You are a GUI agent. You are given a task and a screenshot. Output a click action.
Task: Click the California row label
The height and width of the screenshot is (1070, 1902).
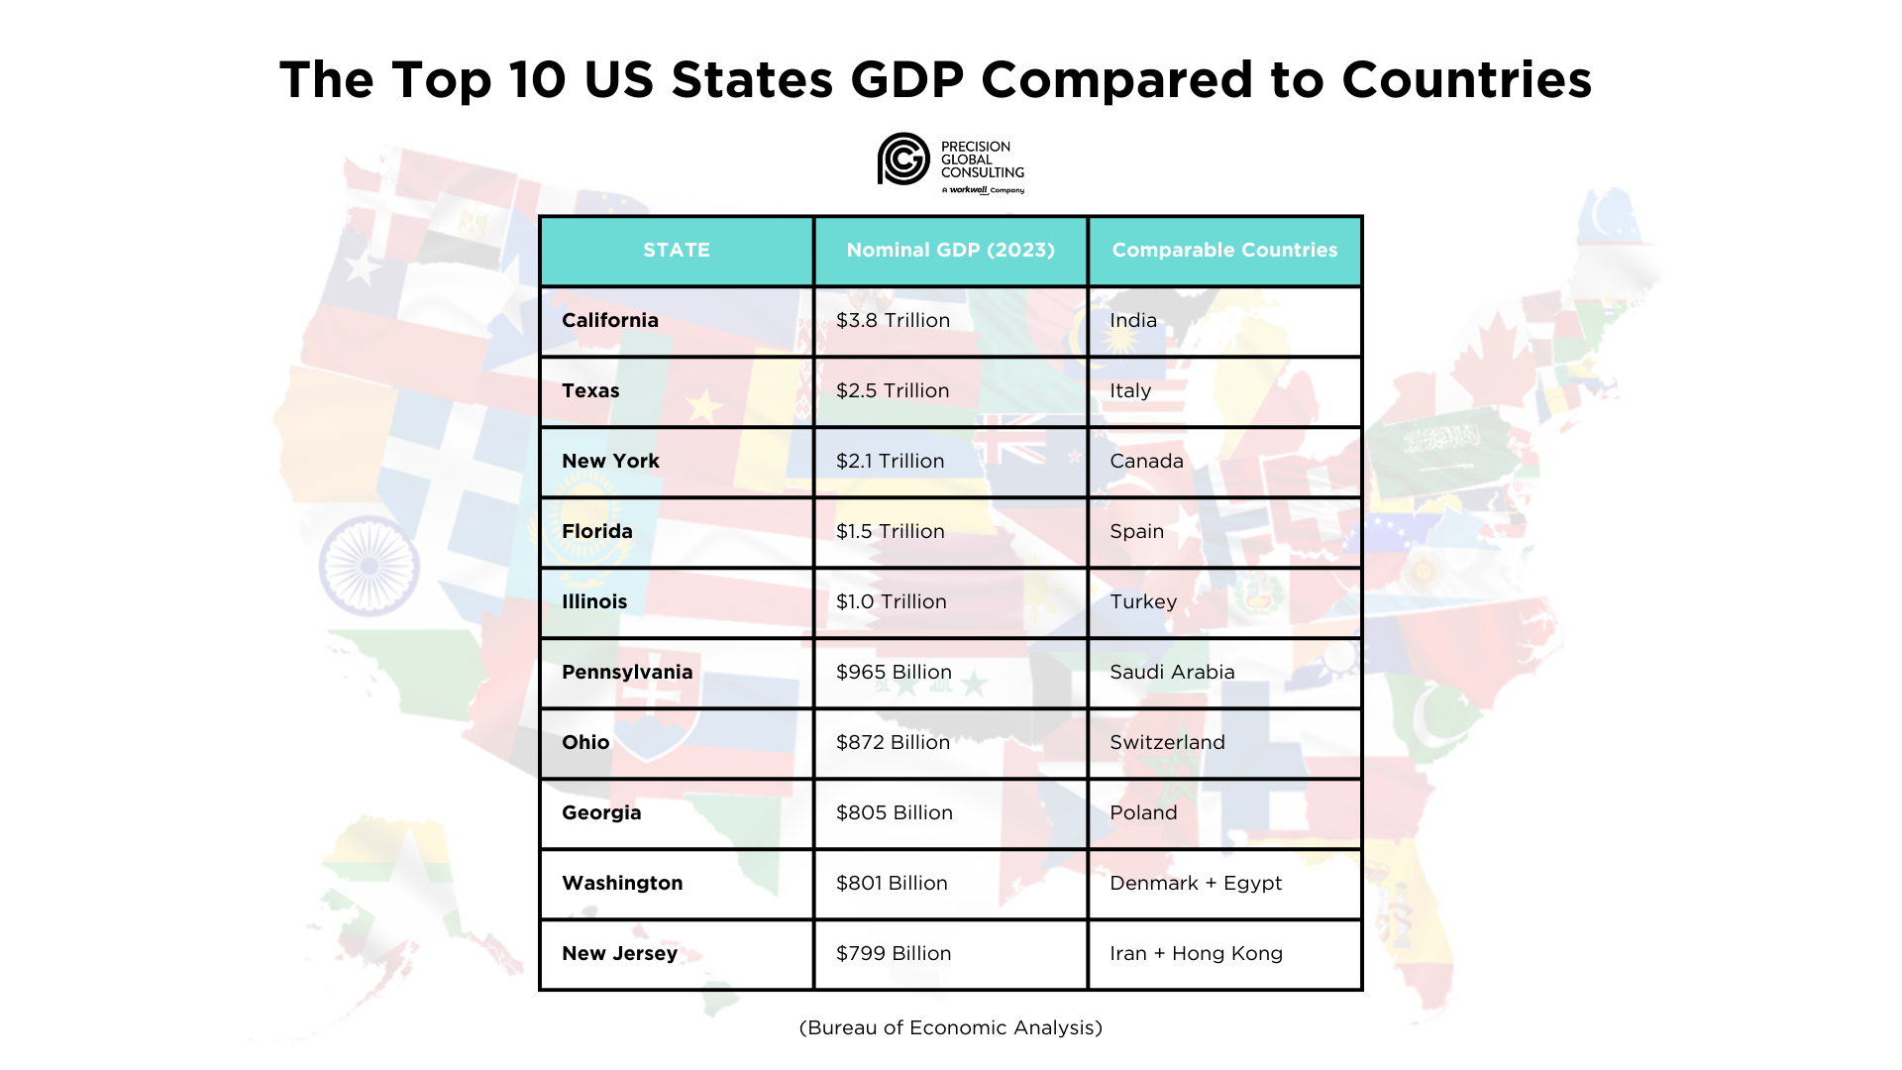[x=610, y=321]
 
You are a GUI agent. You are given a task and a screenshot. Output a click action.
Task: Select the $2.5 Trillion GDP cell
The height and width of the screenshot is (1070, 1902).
[x=893, y=391]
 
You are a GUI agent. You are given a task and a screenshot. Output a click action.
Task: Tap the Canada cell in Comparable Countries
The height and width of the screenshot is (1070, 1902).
[x=1146, y=462]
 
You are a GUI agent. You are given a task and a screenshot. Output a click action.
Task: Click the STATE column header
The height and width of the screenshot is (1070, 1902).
[x=677, y=251]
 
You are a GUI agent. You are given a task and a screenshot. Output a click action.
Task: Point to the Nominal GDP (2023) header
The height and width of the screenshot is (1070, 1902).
[x=950, y=251]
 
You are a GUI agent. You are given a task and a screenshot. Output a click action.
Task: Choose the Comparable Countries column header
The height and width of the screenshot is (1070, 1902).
[x=1224, y=251]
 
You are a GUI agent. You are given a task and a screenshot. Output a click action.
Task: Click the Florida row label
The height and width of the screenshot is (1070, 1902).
[x=597, y=532]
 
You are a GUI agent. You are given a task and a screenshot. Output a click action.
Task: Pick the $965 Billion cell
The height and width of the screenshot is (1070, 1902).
[x=894, y=673]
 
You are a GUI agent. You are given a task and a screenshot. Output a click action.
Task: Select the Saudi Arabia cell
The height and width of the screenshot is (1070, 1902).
[x=1172, y=673]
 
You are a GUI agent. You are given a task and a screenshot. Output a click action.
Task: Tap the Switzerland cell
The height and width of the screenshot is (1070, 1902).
[x=1167, y=743]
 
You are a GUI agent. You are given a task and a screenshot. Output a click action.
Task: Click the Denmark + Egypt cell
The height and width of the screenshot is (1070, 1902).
[x=1196, y=884]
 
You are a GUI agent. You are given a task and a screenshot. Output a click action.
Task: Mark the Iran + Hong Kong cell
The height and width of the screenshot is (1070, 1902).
[x=1196, y=954]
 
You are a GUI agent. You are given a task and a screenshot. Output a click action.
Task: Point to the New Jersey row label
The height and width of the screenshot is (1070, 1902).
[x=620, y=954]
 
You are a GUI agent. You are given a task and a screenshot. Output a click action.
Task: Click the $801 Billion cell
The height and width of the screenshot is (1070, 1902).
[x=892, y=884]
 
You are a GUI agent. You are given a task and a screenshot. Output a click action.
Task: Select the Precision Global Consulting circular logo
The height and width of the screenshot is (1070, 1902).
[x=903, y=160]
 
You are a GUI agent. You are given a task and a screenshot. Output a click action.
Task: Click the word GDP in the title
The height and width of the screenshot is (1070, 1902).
[x=906, y=80]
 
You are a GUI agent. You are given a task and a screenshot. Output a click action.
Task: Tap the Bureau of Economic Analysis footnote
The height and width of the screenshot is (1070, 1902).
[x=950, y=1028]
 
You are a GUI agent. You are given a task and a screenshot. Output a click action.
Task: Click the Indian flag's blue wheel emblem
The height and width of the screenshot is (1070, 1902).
[x=369, y=566]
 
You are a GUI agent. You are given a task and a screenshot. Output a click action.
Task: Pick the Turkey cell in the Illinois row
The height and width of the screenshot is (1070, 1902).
[x=1143, y=602]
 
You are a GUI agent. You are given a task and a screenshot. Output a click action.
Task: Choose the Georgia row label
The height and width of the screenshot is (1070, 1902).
[x=601, y=813]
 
